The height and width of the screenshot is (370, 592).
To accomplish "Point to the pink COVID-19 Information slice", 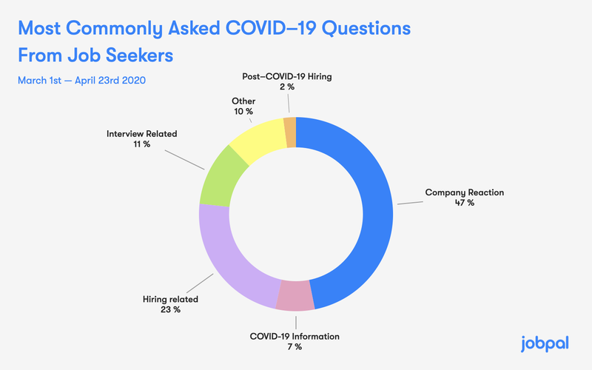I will click(x=295, y=296).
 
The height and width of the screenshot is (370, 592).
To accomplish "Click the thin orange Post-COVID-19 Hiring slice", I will click(x=290, y=124).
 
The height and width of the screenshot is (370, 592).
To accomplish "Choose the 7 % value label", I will click(x=295, y=347).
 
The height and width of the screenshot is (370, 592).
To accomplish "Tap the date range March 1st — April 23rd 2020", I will click(x=88, y=79).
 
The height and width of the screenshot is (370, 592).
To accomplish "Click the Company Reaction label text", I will click(x=464, y=192).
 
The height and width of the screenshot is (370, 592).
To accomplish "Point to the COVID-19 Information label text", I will click(x=295, y=337).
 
